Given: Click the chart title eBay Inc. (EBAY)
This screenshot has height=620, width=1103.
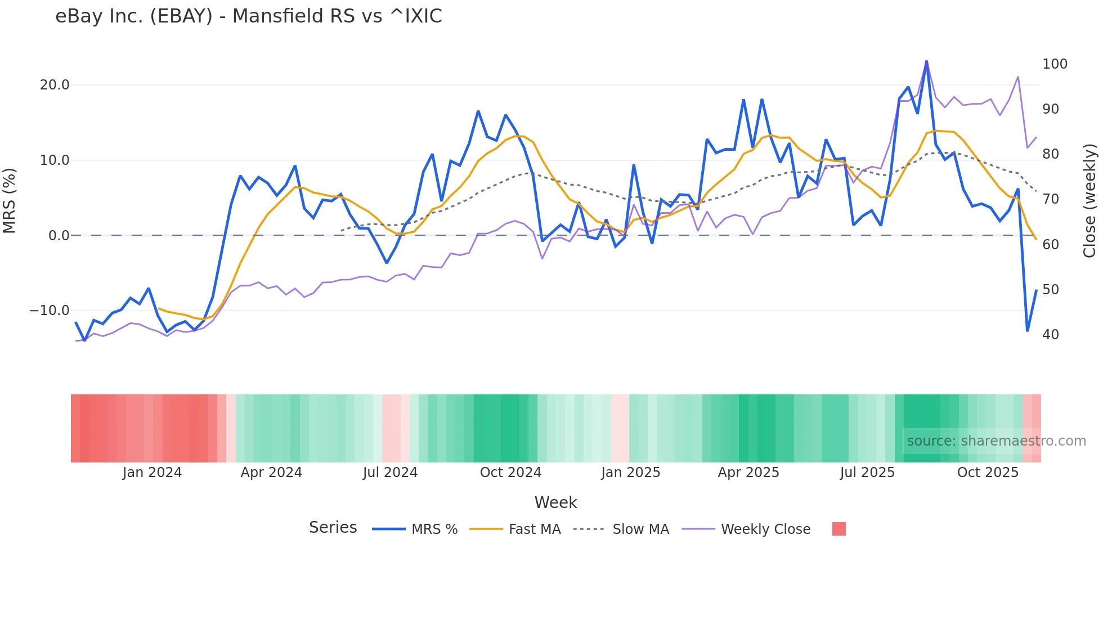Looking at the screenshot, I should point(248,16).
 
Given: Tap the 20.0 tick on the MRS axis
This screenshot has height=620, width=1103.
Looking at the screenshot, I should point(55,85).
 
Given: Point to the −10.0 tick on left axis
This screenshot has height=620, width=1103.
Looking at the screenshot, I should point(50,311).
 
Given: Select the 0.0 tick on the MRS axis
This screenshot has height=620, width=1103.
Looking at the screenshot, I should point(59,236).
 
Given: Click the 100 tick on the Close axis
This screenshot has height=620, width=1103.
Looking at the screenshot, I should point(1055,64).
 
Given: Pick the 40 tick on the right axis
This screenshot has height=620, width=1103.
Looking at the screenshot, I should point(1051,335).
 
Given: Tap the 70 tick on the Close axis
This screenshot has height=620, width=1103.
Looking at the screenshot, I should point(1051,199).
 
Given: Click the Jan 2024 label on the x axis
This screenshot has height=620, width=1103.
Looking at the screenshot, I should point(152,473).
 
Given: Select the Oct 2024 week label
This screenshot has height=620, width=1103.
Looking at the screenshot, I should point(510,473).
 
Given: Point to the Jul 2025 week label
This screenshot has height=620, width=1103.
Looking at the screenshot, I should point(867,473).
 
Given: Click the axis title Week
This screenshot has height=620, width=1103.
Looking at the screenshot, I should point(555,502).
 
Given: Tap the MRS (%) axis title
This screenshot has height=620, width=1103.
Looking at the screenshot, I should point(10,200).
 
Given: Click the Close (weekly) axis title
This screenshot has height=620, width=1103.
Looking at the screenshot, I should point(1089,200).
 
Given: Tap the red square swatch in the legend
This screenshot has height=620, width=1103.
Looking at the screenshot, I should point(839,529).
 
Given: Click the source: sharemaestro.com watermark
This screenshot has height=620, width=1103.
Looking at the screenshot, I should point(996,441).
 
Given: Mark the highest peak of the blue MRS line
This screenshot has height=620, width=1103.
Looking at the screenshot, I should point(926,61).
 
